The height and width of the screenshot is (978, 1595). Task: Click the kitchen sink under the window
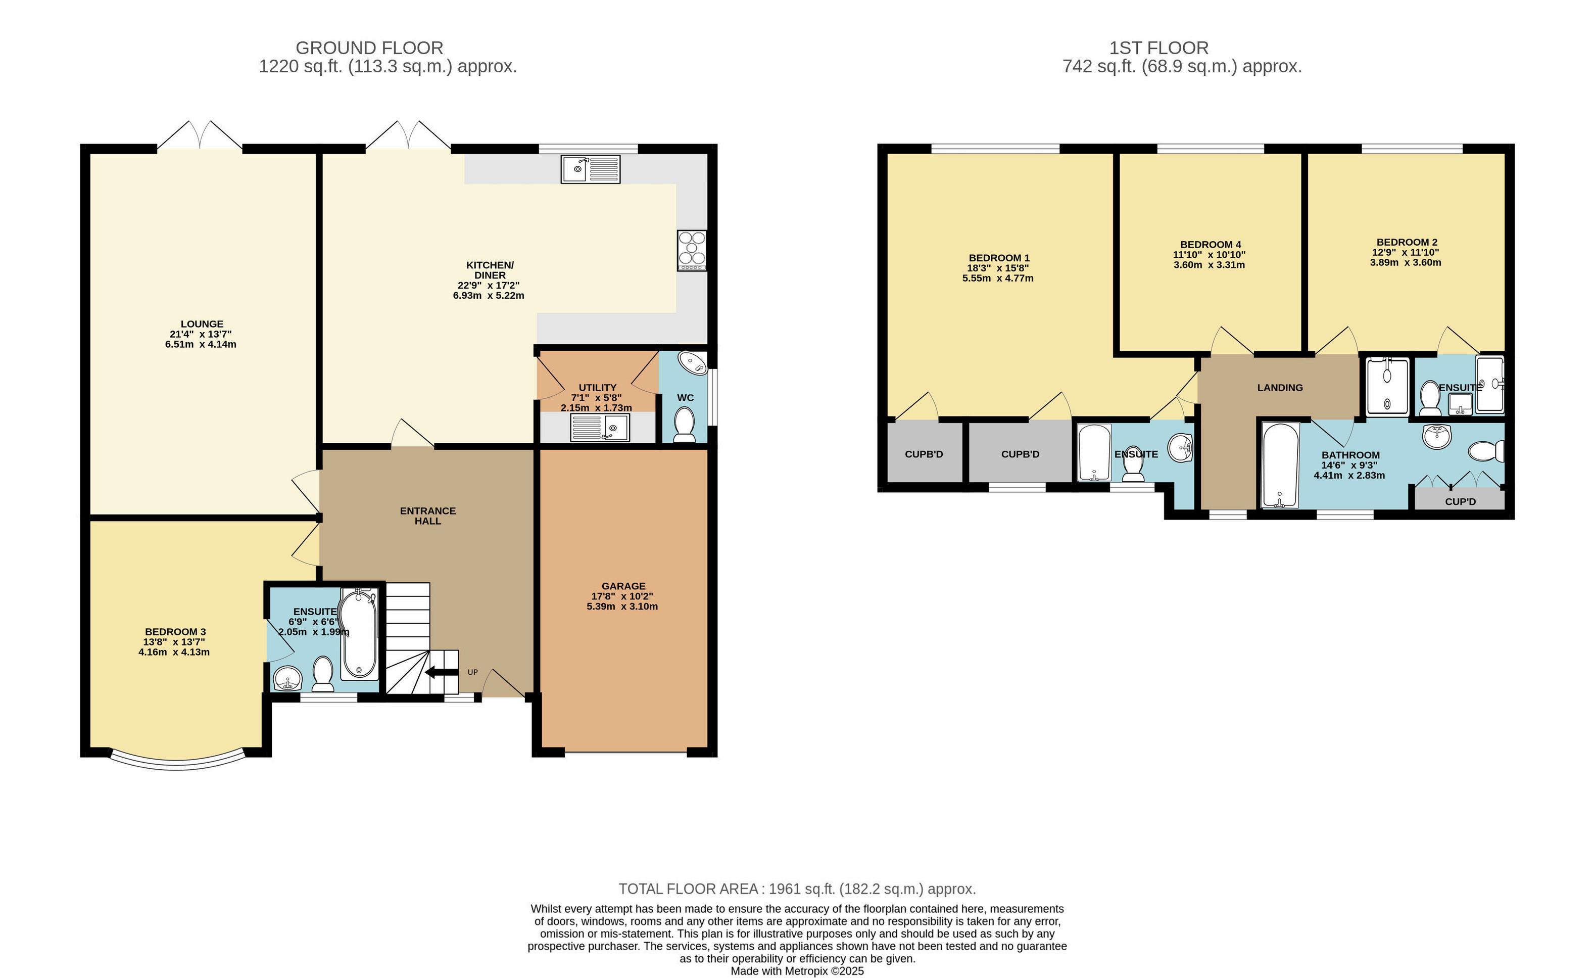(590, 169)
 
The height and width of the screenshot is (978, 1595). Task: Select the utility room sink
(599, 428)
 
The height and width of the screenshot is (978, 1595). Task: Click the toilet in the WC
(684, 424)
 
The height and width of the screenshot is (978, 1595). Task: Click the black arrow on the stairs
(442, 672)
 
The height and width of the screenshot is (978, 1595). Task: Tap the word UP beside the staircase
(472, 672)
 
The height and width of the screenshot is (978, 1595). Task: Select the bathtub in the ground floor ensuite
(359, 634)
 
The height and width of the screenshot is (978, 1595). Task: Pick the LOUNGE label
(202, 324)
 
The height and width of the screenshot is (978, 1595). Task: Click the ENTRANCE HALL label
(428, 516)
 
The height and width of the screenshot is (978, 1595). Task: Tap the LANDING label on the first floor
(1280, 387)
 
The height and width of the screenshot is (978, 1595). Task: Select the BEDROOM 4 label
(1211, 244)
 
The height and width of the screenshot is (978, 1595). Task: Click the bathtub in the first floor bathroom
(1280, 465)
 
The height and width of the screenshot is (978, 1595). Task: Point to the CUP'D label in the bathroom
(1460, 501)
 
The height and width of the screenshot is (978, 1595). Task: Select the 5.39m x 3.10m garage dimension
(622, 606)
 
